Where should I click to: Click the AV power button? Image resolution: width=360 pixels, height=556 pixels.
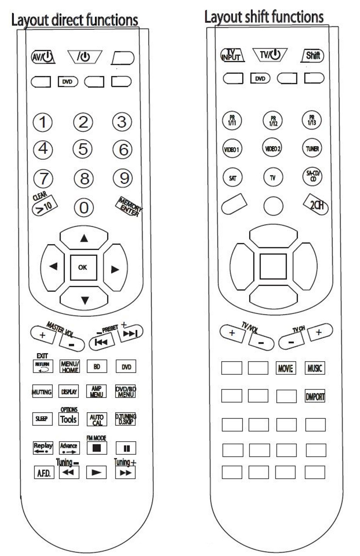click(x=43, y=57)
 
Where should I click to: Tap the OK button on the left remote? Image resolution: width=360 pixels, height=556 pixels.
click(x=83, y=267)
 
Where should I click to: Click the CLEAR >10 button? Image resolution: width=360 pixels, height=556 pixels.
click(x=44, y=205)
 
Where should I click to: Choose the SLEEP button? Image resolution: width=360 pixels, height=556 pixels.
click(x=42, y=419)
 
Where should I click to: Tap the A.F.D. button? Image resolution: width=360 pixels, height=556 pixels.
click(x=43, y=473)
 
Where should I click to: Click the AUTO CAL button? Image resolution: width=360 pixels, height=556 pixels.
click(x=97, y=419)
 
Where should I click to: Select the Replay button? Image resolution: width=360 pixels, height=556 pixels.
click(x=43, y=447)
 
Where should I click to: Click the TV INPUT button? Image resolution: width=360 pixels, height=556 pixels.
click(x=232, y=55)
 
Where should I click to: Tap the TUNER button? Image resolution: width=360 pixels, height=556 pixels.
click(x=312, y=148)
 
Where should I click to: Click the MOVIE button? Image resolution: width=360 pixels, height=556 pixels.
click(x=285, y=368)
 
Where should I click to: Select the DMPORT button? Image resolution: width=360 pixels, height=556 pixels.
click(x=315, y=396)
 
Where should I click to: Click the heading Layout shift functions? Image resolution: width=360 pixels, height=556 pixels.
click(x=264, y=17)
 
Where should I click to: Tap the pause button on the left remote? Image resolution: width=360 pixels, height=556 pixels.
click(x=126, y=448)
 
